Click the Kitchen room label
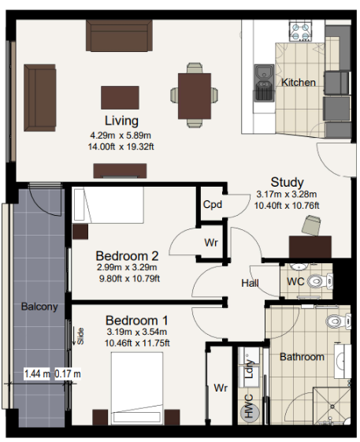pyautogui.click(x=299, y=82)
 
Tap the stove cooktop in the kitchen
pyautogui.click(x=300, y=31)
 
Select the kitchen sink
pyautogui.click(x=264, y=83)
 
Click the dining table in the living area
pyautogui.click(x=195, y=96)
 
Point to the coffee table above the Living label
pyautogui.click(x=120, y=98)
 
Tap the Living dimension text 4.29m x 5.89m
pyautogui.click(x=121, y=136)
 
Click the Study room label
pyautogui.click(x=287, y=182)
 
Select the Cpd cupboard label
pyautogui.click(x=212, y=204)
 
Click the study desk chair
pyautogui.click(x=310, y=225)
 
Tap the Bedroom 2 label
pyautogui.click(x=127, y=256)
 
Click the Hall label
pyautogui.click(x=250, y=283)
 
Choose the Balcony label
pyautogui.click(x=39, y=306)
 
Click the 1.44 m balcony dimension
pyautogui.click(x=37, y=373)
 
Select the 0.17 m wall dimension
pyautogui.click(x=68, y=373)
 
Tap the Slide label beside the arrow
pyautogui.click(x=80, y=336)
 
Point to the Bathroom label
pyautogui.click(x=302, y=357)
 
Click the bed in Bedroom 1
pyautogui.click(x=137, y=388)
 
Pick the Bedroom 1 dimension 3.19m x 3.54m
pyautogui.click(x=137, y=332)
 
